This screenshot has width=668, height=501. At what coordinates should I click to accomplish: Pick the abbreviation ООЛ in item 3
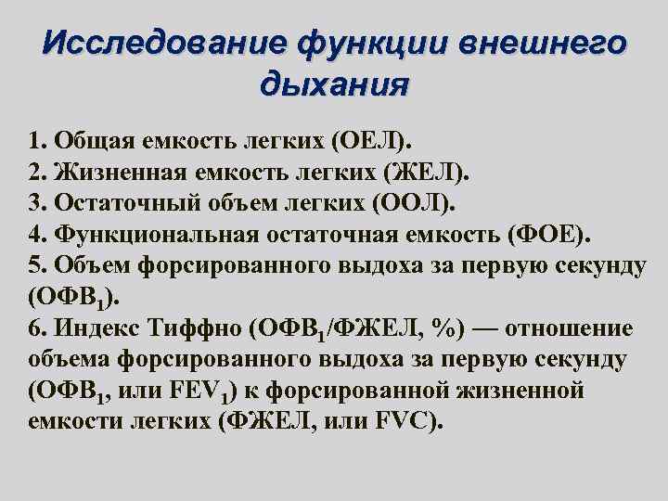point(409,203)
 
